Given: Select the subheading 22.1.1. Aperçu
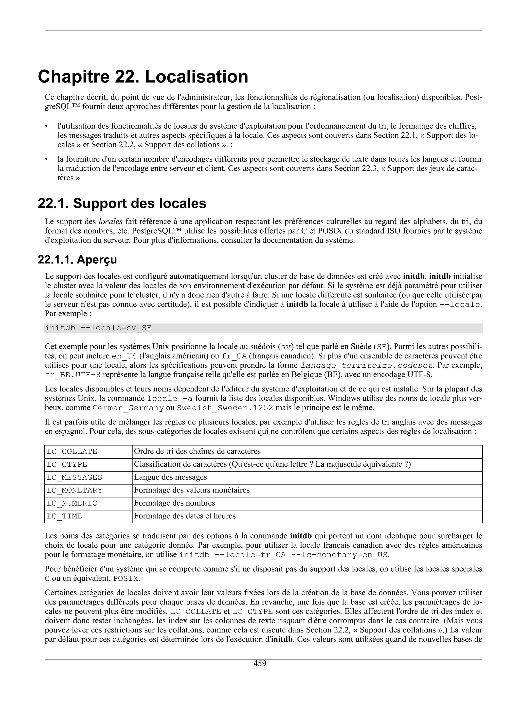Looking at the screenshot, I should [x=77, y=259].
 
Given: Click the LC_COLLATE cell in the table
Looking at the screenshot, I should [x=72, y=452].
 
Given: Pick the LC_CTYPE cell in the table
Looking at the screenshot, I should [x=67, y=465].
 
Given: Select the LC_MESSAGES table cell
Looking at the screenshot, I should [x=74, y=477].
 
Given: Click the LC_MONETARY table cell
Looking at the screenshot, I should [x=74, y=490].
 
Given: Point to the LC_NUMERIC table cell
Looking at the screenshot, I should [x=72, y=503].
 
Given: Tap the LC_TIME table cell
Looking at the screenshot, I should [x=64, y=516].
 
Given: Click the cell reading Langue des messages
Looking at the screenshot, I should [x=170, y=477].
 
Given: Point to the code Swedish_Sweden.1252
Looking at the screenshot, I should [x=225, y=408].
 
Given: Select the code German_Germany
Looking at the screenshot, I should [x=128, y=408].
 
